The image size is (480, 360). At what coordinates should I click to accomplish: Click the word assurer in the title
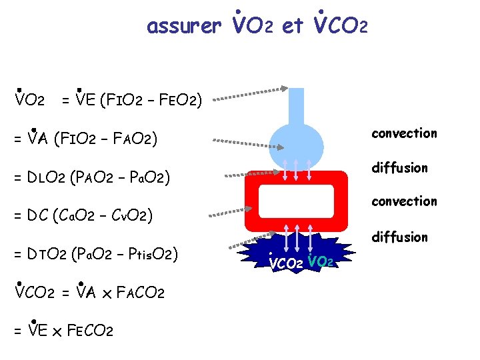click(183, 26)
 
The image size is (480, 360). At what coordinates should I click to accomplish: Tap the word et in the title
click(293, 26)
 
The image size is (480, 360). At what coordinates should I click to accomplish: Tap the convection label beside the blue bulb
click(404, 133)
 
